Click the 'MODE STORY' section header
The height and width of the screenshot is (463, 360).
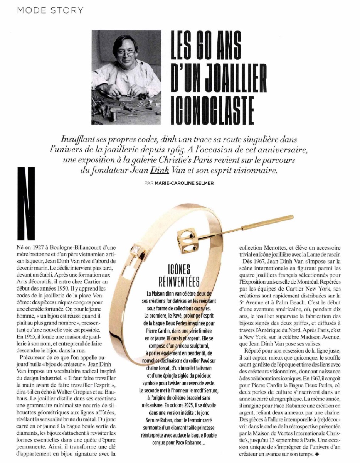pos(50,10)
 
